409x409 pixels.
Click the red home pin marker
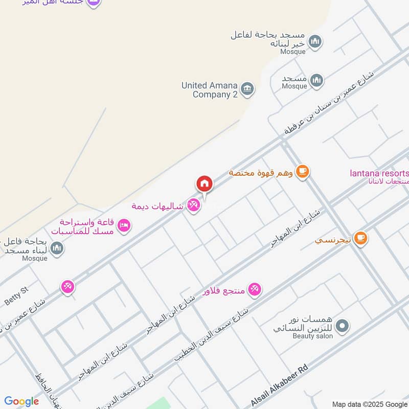click(x=204, y=184)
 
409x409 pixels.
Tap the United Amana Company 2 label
click(x=210, y=90)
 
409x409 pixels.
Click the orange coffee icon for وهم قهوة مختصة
click(x=303, y=171)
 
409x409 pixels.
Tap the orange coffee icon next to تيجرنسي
click(x=360, y=238)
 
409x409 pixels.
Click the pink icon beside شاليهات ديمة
click(x=193, y=206)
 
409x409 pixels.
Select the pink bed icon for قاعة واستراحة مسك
click(x=124, y=225)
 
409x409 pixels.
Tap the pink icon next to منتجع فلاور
click(x=254, y=290)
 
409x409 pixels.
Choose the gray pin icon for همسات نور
click(x=343, y=325)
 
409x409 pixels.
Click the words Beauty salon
click(x=312, y=336)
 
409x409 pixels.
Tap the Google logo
click(x=21, y=401)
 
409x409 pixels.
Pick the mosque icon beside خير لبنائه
click(x=314, y=41)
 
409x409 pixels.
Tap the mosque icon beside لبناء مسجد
click(x=57, y=248)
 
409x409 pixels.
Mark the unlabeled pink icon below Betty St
click(x=67, y=287)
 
